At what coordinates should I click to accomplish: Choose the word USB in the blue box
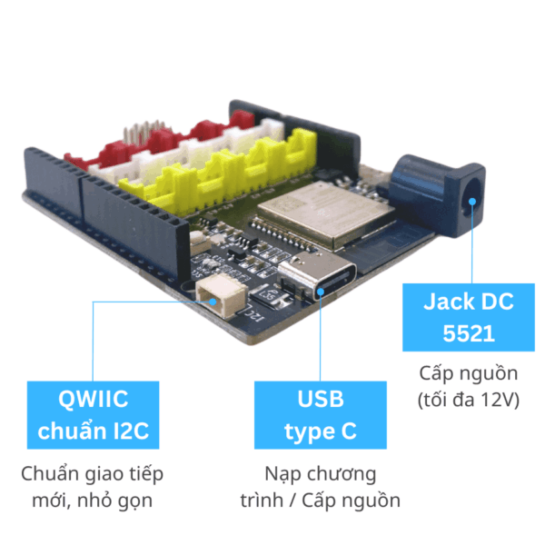pos(320,400)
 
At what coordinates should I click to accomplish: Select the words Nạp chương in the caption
pos(320,473)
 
